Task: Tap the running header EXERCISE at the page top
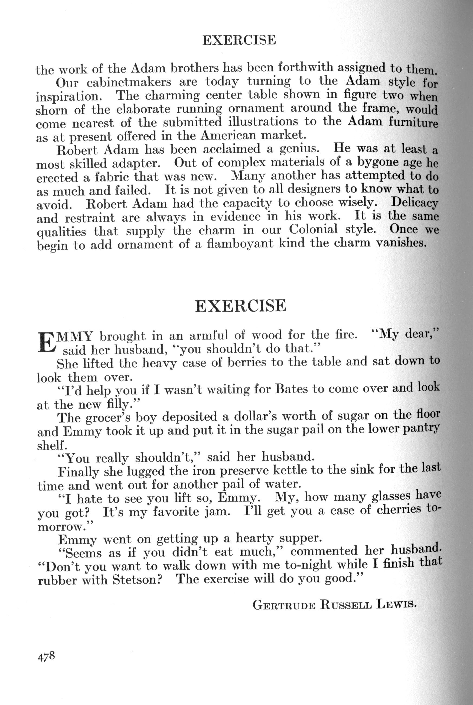click(x=239, y=40)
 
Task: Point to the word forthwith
click(x=305, y=67)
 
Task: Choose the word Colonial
click(x=313, y=230)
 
